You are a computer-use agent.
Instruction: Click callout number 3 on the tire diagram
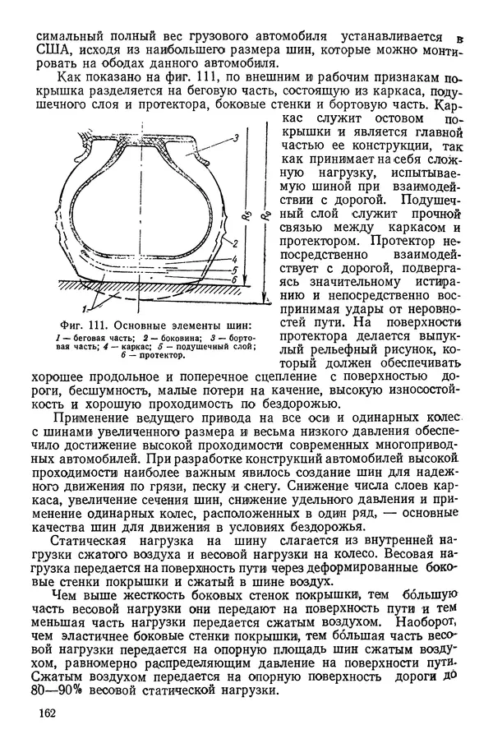click(x=237, y=136)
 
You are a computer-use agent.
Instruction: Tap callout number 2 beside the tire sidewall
click(x=235, y=242)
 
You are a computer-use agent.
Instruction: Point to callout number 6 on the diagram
click(x=235, y=279)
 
